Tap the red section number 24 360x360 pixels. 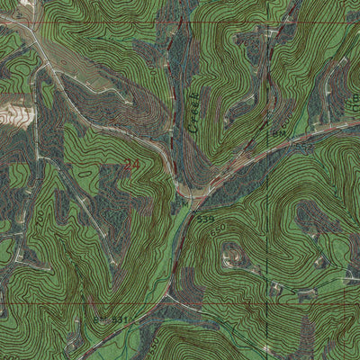(x=132, y=166)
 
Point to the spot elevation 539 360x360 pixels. (x=205, y=218)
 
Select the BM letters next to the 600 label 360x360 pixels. (x=279, y=133)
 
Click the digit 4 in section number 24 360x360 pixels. (x=136, y=166)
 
